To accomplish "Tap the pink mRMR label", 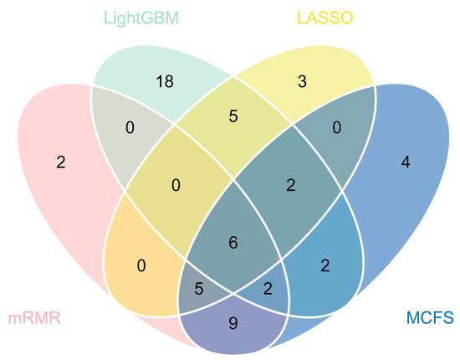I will [x=34, y=319].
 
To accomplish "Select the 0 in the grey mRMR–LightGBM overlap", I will [x=130, y=127].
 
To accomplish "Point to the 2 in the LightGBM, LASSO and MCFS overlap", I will [x=289, y=183].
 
